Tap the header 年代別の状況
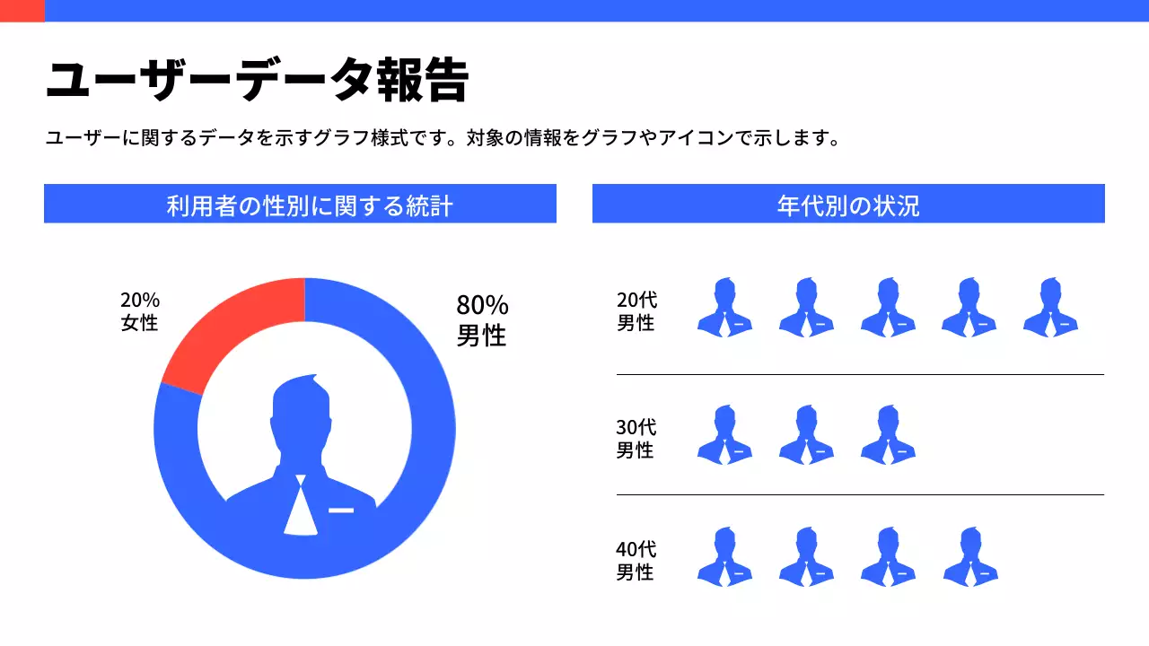tap(848, 205)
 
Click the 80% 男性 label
tap(482, 320)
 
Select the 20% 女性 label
tap(140, 311)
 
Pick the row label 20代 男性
tap(636, 311)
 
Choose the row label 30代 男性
tap(636, 439)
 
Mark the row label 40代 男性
tap(636, 560)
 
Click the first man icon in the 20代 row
tap(724, 308)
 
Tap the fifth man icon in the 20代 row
tap(1050, 308)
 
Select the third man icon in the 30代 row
tap(888, 435)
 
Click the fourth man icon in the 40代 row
tap(969, 557)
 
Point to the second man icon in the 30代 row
tap(806, 435)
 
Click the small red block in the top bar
tap(22, 10)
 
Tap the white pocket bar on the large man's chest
tap(341, 510)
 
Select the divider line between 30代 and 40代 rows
tap(860, 494)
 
